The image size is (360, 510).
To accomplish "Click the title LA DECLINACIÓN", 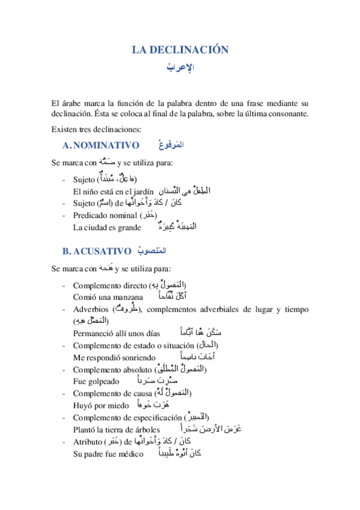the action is (180, 50).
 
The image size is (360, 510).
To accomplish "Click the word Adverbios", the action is (90, 309).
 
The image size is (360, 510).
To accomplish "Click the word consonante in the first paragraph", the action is (289, 114).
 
